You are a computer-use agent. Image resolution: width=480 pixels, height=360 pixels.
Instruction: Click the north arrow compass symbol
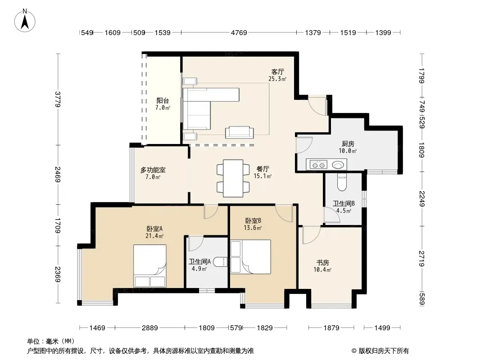point(25,21)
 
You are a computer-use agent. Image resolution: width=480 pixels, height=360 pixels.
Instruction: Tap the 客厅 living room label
point(278,72)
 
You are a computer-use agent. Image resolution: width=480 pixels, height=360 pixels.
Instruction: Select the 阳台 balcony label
point(163,101)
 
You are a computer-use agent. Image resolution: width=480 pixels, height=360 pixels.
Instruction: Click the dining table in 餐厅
point(233,178)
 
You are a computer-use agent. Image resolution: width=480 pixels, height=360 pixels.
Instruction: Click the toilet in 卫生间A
point(220,262)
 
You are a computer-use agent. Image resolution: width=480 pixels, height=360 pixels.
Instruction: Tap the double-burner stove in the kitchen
point(318,165)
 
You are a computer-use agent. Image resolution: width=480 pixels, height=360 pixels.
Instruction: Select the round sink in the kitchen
point(338,165)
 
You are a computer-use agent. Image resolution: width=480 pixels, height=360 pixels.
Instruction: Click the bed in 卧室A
point(149,266)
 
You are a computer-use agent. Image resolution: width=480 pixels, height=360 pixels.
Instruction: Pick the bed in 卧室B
point(250,256)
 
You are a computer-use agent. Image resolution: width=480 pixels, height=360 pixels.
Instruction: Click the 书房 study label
point(323,262)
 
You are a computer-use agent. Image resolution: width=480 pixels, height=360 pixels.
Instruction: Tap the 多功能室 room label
point(153,170)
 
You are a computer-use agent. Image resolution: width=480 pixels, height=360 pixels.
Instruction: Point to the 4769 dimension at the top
point(239,32)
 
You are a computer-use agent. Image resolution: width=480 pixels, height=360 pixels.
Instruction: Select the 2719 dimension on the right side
point(422,258)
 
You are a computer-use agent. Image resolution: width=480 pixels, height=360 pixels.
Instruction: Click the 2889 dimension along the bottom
point(149,328)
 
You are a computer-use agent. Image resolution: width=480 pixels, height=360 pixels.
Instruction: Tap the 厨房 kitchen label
point(348,144)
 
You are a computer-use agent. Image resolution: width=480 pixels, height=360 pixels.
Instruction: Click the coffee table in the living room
point(240,132)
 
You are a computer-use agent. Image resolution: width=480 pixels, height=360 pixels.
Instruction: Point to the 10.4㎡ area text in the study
point(322,270)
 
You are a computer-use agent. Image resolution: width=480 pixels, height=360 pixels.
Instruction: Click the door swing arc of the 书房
point(315,239)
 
